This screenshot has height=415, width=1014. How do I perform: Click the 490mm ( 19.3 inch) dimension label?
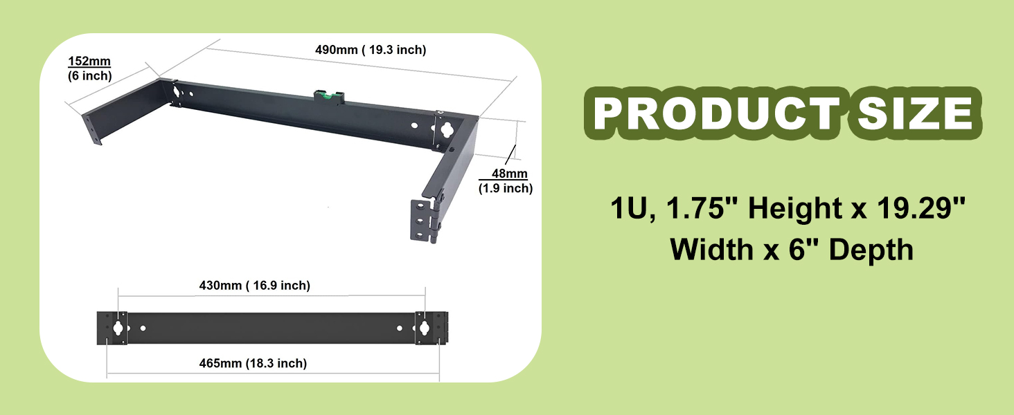click(x=371, y=50)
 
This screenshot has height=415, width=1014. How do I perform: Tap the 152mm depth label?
click(x=89, y=61)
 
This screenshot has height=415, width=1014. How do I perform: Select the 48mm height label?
click(x=509, y=174)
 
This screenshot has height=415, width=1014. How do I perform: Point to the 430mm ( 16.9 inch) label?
click(x=255, y=285)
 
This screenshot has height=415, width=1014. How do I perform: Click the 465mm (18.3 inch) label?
click(x=253, y=363)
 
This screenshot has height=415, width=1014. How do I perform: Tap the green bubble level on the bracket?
click(x=329, y=96)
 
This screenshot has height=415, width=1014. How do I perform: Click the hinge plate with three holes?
click(x=420, y=220)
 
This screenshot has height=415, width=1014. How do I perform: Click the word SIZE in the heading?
click(x=915, y=113)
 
